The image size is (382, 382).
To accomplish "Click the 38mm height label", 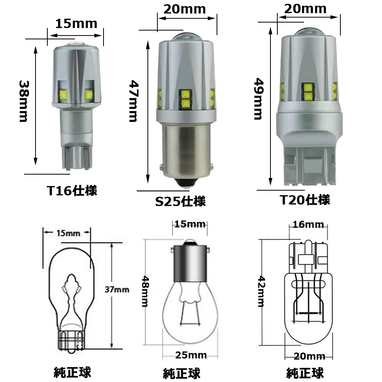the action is pos(24,101).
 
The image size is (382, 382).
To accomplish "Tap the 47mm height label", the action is pos(134,101).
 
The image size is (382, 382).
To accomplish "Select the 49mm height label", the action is pos(259,99).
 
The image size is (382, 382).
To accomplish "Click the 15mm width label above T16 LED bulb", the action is pos(76,24).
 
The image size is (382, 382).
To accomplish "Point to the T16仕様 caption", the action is pos(72,191).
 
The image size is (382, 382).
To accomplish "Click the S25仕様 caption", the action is pos(181,201).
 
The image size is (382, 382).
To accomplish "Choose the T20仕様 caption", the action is pos(305,200).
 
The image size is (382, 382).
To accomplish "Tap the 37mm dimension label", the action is pos(117,290).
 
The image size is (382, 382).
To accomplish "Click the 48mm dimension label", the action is pos(145,291).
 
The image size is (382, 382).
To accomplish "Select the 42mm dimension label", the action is pos(261,291).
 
